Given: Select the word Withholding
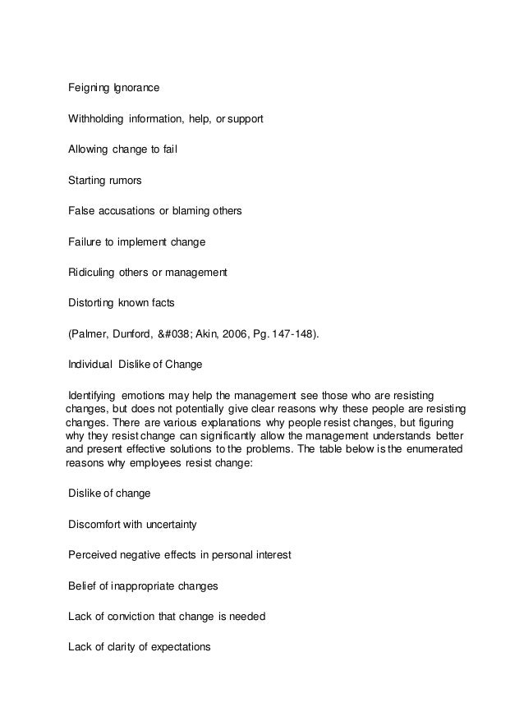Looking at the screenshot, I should click(96, 120).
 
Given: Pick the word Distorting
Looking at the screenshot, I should click(92, 302).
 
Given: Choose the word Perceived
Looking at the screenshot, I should click(94, 555).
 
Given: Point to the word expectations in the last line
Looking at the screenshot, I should click(177, 647).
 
